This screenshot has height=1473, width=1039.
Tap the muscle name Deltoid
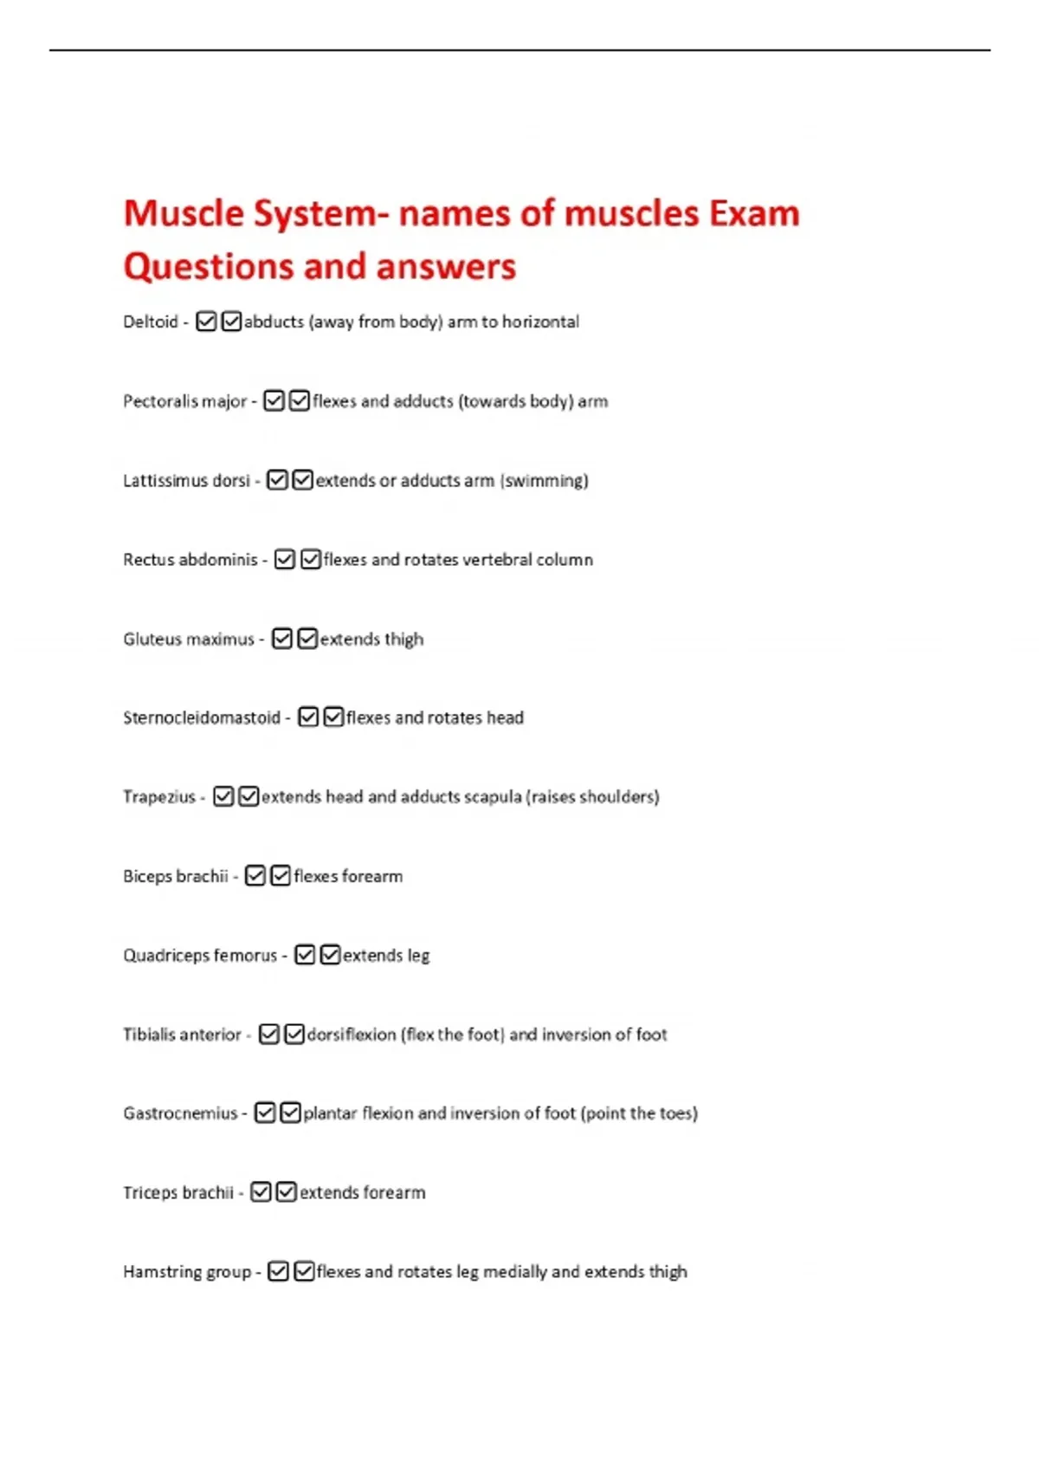tap(150, 321)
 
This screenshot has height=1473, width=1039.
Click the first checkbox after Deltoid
tap(206, 321)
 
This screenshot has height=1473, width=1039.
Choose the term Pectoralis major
tap(184, 401)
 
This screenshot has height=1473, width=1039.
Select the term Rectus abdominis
tap(190, 560)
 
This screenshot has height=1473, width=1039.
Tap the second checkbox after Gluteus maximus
tap(307, 639)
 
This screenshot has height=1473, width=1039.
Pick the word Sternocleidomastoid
tap(201, 717)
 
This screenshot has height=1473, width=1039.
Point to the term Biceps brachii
tap(175, 876)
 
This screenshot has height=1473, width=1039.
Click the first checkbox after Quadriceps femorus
tap(305, 955)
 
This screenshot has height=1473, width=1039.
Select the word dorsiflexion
tap(352, 1034)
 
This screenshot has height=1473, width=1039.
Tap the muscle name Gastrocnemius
tap(179, 1113)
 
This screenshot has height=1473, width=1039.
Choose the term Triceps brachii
tap(177, 1192)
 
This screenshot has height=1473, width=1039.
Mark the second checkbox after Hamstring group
tap(304, 1271)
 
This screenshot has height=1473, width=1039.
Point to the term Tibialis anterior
tap(182, 1034)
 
